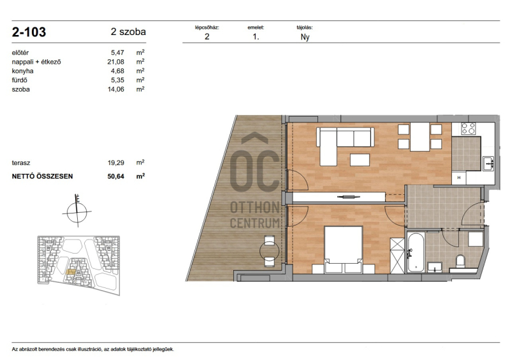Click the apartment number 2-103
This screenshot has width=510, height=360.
point(29,32)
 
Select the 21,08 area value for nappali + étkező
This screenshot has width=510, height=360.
point(116,62)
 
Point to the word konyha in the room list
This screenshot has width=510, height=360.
point(22,71)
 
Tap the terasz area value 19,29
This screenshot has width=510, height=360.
point(116,163)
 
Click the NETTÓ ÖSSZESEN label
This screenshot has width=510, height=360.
point(42,176)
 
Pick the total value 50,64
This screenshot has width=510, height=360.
point(116,176)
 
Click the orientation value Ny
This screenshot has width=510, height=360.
point(305,37)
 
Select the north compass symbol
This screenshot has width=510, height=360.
point(77,212)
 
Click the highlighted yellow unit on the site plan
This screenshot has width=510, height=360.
point(71,271)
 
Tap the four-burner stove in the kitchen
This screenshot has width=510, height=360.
point(469,129)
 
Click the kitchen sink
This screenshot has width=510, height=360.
point(488,163)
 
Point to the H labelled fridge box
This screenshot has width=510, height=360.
point(459,178)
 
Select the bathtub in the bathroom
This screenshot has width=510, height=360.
point(416,252)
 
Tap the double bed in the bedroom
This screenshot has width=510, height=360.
point(344,249)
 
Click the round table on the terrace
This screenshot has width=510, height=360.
point(269,251)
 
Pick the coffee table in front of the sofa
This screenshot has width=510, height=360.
point(360,160)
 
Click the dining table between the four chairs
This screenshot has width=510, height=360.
point(419,137)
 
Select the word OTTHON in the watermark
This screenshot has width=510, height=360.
point(255,208)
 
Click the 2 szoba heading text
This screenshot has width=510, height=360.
point(128,32)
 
